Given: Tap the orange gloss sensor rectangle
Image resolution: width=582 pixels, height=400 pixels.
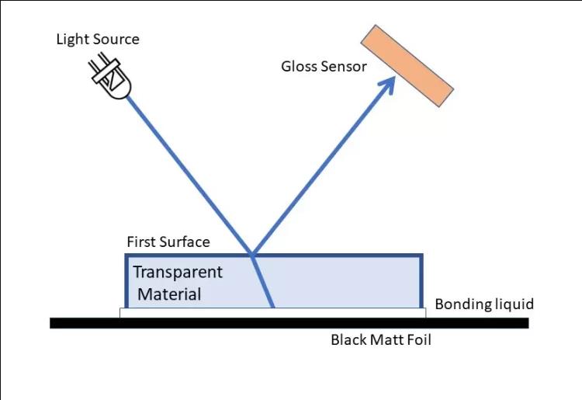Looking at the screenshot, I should (407, 66).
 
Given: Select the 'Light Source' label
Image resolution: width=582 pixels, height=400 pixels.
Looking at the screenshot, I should (98, 39).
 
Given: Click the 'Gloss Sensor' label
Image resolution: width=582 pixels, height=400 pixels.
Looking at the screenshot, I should (324, 66).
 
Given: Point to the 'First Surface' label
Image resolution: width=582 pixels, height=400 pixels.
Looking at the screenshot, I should (168, 242).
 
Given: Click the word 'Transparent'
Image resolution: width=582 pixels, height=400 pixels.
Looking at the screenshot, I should (178, 273).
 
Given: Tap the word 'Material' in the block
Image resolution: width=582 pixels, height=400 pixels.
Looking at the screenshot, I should (169, 294).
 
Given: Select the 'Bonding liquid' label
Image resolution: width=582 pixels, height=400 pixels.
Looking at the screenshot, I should (484, 304).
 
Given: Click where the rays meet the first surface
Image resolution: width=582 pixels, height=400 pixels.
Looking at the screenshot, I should (251, 254).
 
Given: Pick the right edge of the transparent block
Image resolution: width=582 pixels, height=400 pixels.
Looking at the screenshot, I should (421, 280).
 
